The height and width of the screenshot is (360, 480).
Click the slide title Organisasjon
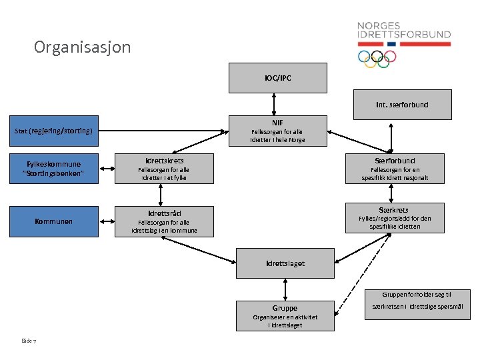(x=83, y=48)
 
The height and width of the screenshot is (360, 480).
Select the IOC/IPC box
(x=278, y=78)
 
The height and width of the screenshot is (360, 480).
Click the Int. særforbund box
(x=402, y=105)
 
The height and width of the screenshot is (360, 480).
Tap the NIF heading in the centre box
(x=277, y=123)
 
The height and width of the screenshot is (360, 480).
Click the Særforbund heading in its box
(x=394, y=161)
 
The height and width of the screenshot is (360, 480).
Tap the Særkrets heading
(x=394, y=209)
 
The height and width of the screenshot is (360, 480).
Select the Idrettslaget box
(x=285, y=263)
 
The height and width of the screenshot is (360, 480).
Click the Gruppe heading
(x=285, y=308)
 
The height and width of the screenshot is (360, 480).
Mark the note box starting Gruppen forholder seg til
(x=417, y=305)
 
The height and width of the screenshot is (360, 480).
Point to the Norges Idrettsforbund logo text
(x=403, y=30)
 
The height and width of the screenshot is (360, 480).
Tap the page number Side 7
(x=29, y=341)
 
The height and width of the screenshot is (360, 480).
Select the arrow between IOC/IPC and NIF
(x=274, y=104)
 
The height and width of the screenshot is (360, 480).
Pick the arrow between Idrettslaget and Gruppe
(x=285, y=289)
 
